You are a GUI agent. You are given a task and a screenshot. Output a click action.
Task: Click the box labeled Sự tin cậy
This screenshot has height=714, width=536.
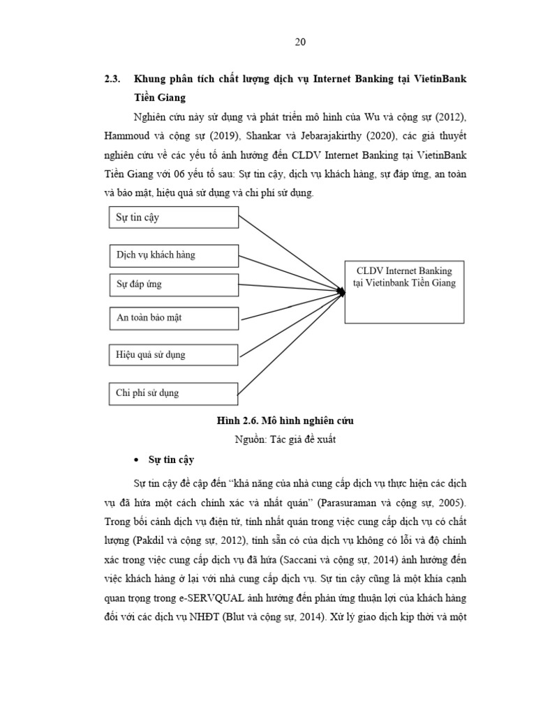point(174,218)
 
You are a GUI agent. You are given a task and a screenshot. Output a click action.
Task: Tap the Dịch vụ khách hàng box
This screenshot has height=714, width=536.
point(174,255)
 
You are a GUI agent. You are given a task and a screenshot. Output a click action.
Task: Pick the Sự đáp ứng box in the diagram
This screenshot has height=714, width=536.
point(174,284)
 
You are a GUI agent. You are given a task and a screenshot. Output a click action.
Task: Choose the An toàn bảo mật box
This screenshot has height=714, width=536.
point(174,317)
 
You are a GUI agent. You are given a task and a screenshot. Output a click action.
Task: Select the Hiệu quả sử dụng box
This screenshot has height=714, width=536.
point(174,355)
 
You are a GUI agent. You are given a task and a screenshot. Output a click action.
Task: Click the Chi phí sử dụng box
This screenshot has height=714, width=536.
point(174,393)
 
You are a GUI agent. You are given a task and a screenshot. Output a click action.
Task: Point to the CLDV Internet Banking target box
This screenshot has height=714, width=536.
point(404,291)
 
